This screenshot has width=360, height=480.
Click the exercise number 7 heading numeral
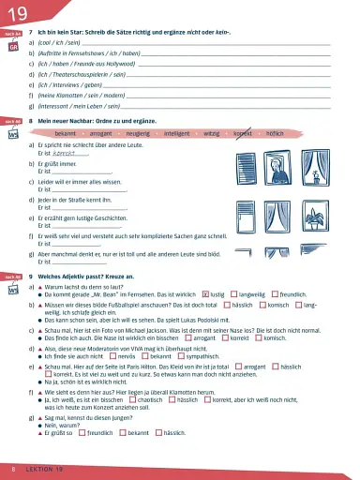pyautogui.click(x=31, y=32)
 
